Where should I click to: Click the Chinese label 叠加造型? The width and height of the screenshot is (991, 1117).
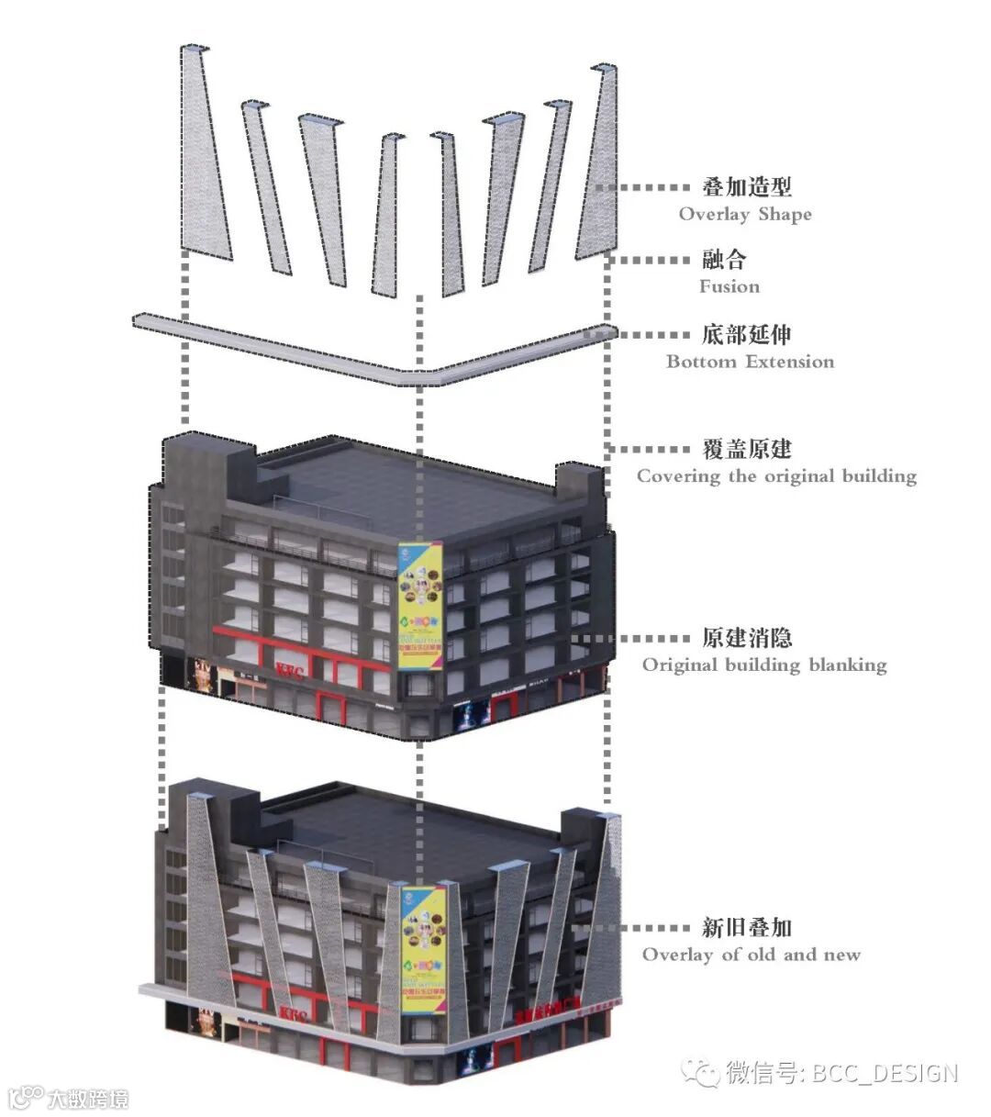[x=746, y=187]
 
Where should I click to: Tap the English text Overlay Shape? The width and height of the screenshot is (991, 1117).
[x=745, y=215]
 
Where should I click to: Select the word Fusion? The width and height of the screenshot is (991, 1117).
[x=729, y=286]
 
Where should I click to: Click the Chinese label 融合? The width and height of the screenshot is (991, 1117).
[x=724, y=260]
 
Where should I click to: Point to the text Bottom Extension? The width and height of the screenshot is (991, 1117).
[x=750, y=362]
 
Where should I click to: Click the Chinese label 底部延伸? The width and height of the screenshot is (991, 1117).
[x=746, y=335]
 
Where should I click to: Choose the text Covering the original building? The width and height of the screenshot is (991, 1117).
[x=776, y=476]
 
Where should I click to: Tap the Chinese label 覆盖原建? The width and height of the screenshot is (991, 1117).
[x=746, y=450]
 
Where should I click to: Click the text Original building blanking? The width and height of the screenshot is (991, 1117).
[x=764, y=665]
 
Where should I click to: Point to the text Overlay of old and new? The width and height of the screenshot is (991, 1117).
[x=751, y=955]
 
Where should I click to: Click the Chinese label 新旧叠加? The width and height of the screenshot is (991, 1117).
[x=746, y=929]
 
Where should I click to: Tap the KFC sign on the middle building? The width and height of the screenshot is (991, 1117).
[x=294, y=668]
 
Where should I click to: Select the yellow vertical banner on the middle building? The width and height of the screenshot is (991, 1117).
[x=420, y=608]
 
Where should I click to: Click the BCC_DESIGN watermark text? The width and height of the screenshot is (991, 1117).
[x=885, y=1073]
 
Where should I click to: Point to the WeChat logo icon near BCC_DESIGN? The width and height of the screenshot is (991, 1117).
[x=704, y=1073]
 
